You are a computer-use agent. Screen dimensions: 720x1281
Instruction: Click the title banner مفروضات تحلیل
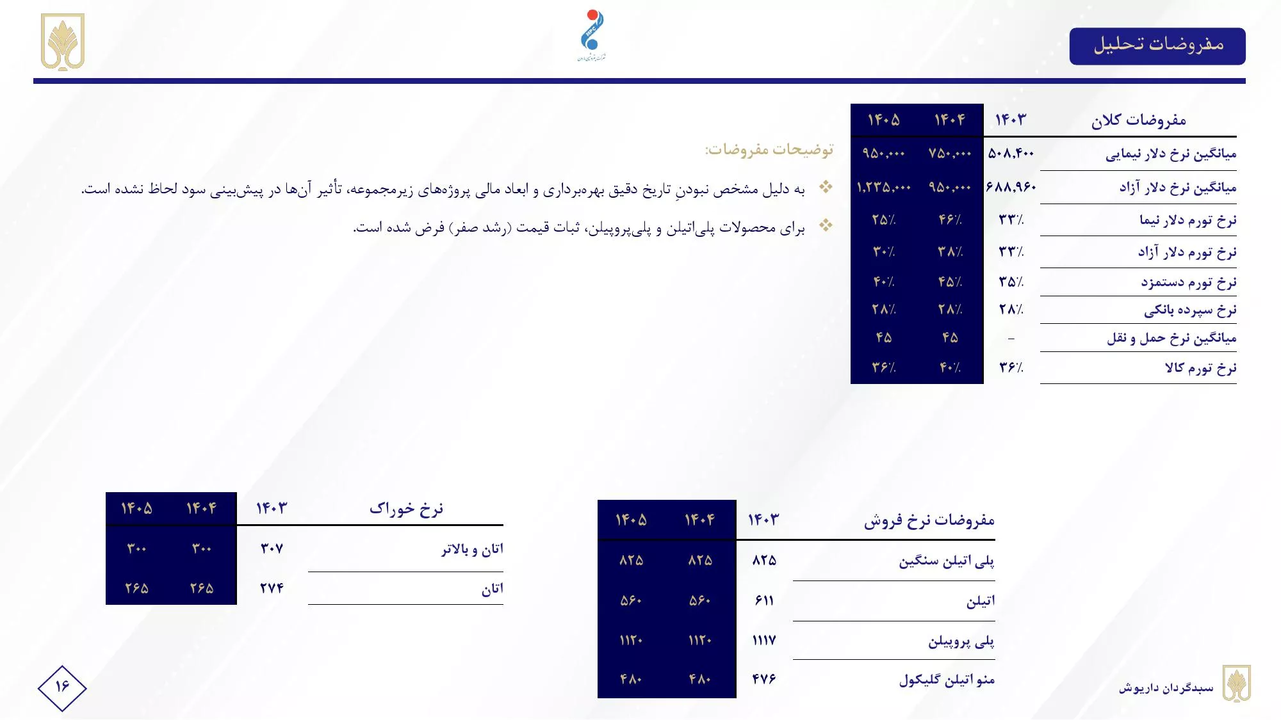(1157, 45)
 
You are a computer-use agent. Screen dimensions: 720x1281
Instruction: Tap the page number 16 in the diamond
(62, 687)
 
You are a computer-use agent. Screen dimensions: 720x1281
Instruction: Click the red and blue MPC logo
(592, 35)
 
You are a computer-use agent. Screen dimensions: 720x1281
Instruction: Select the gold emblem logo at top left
(63, 42)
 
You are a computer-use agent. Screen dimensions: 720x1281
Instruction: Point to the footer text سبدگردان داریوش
(1166, 688)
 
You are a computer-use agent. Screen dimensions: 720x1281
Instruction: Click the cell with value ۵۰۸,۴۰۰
(1011, 154)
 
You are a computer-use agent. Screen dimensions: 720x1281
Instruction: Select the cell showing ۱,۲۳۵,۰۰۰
(883, 188)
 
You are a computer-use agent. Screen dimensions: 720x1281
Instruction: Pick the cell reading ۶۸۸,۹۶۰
(1011, 188)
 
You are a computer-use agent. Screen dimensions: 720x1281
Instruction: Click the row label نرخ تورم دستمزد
(1188, 282)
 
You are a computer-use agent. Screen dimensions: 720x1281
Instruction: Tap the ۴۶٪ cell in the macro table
(950, 220)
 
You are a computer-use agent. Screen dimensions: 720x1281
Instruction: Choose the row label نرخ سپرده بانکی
(1190, 310)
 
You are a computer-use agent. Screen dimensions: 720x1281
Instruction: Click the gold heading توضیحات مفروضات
(769, 150)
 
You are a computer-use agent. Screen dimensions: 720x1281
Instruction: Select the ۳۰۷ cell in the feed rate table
(272, 548)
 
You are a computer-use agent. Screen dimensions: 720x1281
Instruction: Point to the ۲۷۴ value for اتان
(272, 588)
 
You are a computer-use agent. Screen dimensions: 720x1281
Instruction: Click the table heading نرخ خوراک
(406, 509)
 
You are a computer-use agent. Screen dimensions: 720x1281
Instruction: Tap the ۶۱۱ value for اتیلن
(764, 600)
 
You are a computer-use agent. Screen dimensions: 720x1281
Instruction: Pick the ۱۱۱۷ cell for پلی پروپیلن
(764, 640)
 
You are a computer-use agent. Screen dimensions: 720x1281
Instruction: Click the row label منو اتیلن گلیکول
(947, 680)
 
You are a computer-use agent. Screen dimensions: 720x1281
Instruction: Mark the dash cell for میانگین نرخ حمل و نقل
(1011, 339)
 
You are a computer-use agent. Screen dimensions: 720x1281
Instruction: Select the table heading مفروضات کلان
(1138, 120)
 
